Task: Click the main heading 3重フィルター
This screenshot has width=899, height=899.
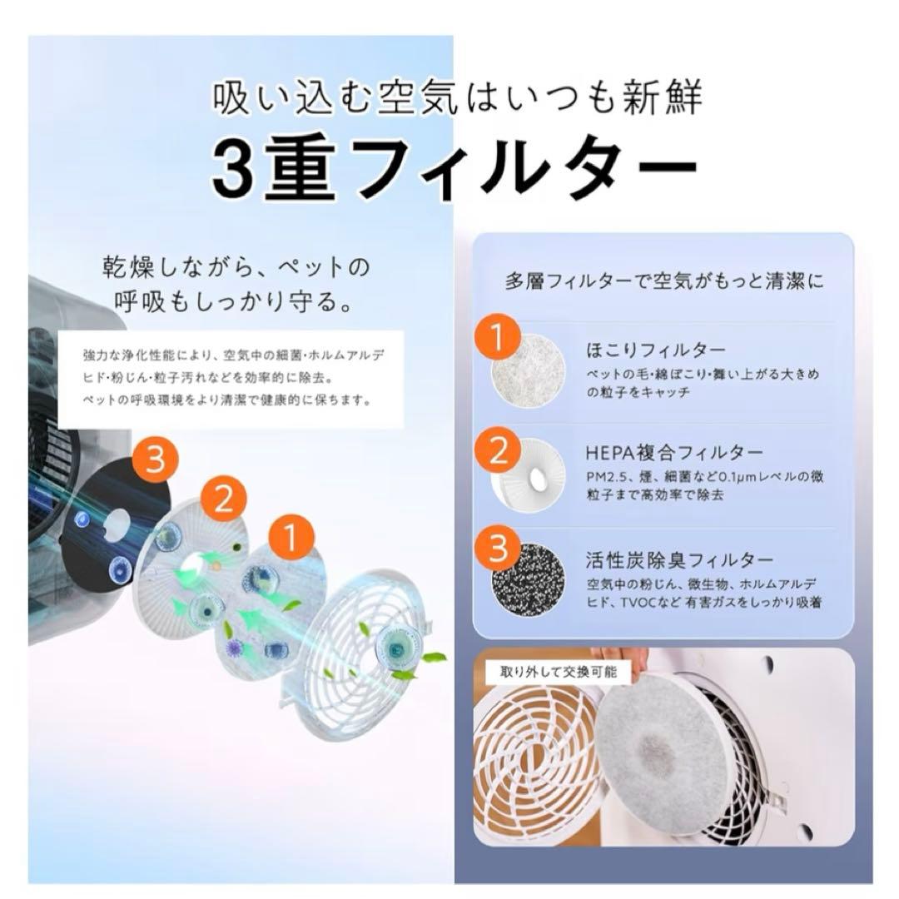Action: tap(454, 169)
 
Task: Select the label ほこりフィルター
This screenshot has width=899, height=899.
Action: tap(656, 350)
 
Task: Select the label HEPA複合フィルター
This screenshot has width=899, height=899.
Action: tap(674, 452)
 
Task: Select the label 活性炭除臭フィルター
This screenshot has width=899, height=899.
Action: tap(679, 559)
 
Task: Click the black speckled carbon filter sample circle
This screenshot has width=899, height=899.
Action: tap(528, 579)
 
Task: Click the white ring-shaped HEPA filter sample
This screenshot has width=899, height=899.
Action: tap(528, 473)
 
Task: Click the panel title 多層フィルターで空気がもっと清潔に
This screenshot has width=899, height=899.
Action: tap(664, 281)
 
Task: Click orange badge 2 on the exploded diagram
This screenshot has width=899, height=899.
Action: tap(223, 498)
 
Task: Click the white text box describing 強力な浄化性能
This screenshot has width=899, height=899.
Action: tap(231, 378)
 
